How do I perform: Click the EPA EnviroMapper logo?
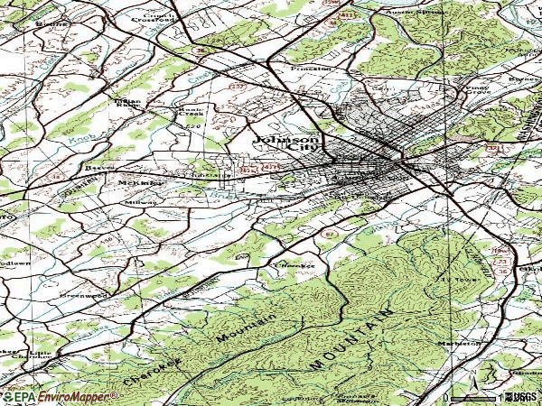click(60, 396)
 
